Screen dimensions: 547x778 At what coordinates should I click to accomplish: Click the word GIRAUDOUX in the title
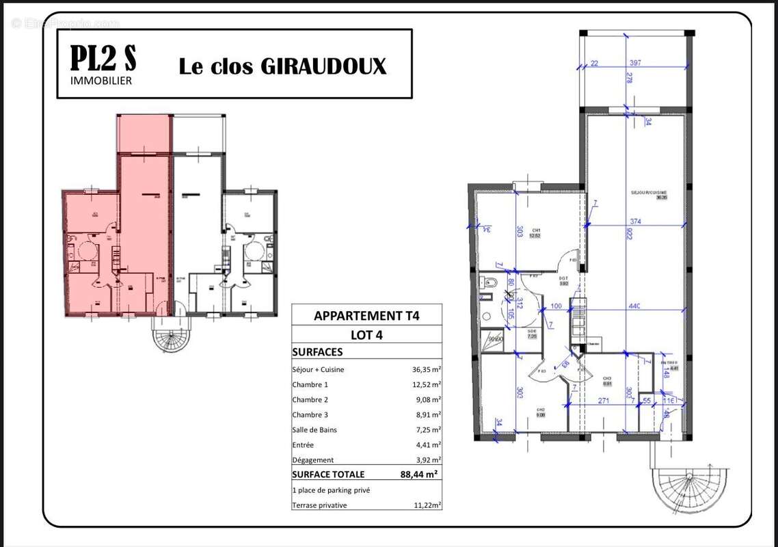pos(323,66)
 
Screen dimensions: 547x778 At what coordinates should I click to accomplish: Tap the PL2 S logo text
pos(103,59)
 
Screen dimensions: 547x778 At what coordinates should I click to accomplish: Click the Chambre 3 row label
pos(315,414)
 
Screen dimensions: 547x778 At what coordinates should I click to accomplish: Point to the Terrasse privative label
pos(319,505)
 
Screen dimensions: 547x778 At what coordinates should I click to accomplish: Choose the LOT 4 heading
pos(366,335)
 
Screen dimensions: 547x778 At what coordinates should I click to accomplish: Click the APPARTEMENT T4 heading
pos(366,316)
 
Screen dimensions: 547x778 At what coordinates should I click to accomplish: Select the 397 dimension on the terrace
pos(635,64)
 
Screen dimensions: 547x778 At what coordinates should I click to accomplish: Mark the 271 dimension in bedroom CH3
pos(604,401)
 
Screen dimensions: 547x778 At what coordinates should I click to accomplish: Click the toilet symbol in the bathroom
pos(488,282)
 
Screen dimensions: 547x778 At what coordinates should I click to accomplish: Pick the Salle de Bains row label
pos(314,429)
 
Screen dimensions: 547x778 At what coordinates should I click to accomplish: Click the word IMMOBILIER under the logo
pos(101,81)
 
